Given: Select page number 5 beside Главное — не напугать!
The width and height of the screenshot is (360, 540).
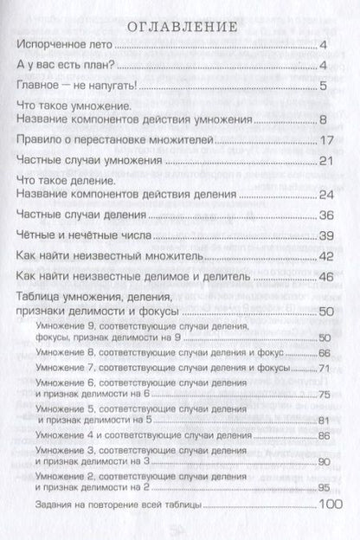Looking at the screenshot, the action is (322, 85).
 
